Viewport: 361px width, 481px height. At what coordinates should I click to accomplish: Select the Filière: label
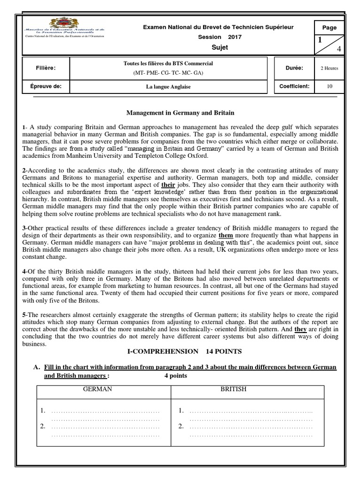[x=47, y=68]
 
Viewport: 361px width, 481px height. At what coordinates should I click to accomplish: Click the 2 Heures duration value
[x=329, y=68]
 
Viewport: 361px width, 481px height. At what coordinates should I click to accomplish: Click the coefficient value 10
[x=329, y=86]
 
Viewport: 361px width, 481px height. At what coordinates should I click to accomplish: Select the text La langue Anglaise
[x=168, y=87]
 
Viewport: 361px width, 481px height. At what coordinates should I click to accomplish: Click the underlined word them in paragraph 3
[x=226, y=235]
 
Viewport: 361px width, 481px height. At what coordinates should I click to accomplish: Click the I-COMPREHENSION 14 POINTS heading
[x=180, y=351]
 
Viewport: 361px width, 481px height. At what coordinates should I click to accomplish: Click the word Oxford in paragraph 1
[x=200, y=156]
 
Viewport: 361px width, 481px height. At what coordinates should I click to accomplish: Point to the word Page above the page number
[x=329, y=27]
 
